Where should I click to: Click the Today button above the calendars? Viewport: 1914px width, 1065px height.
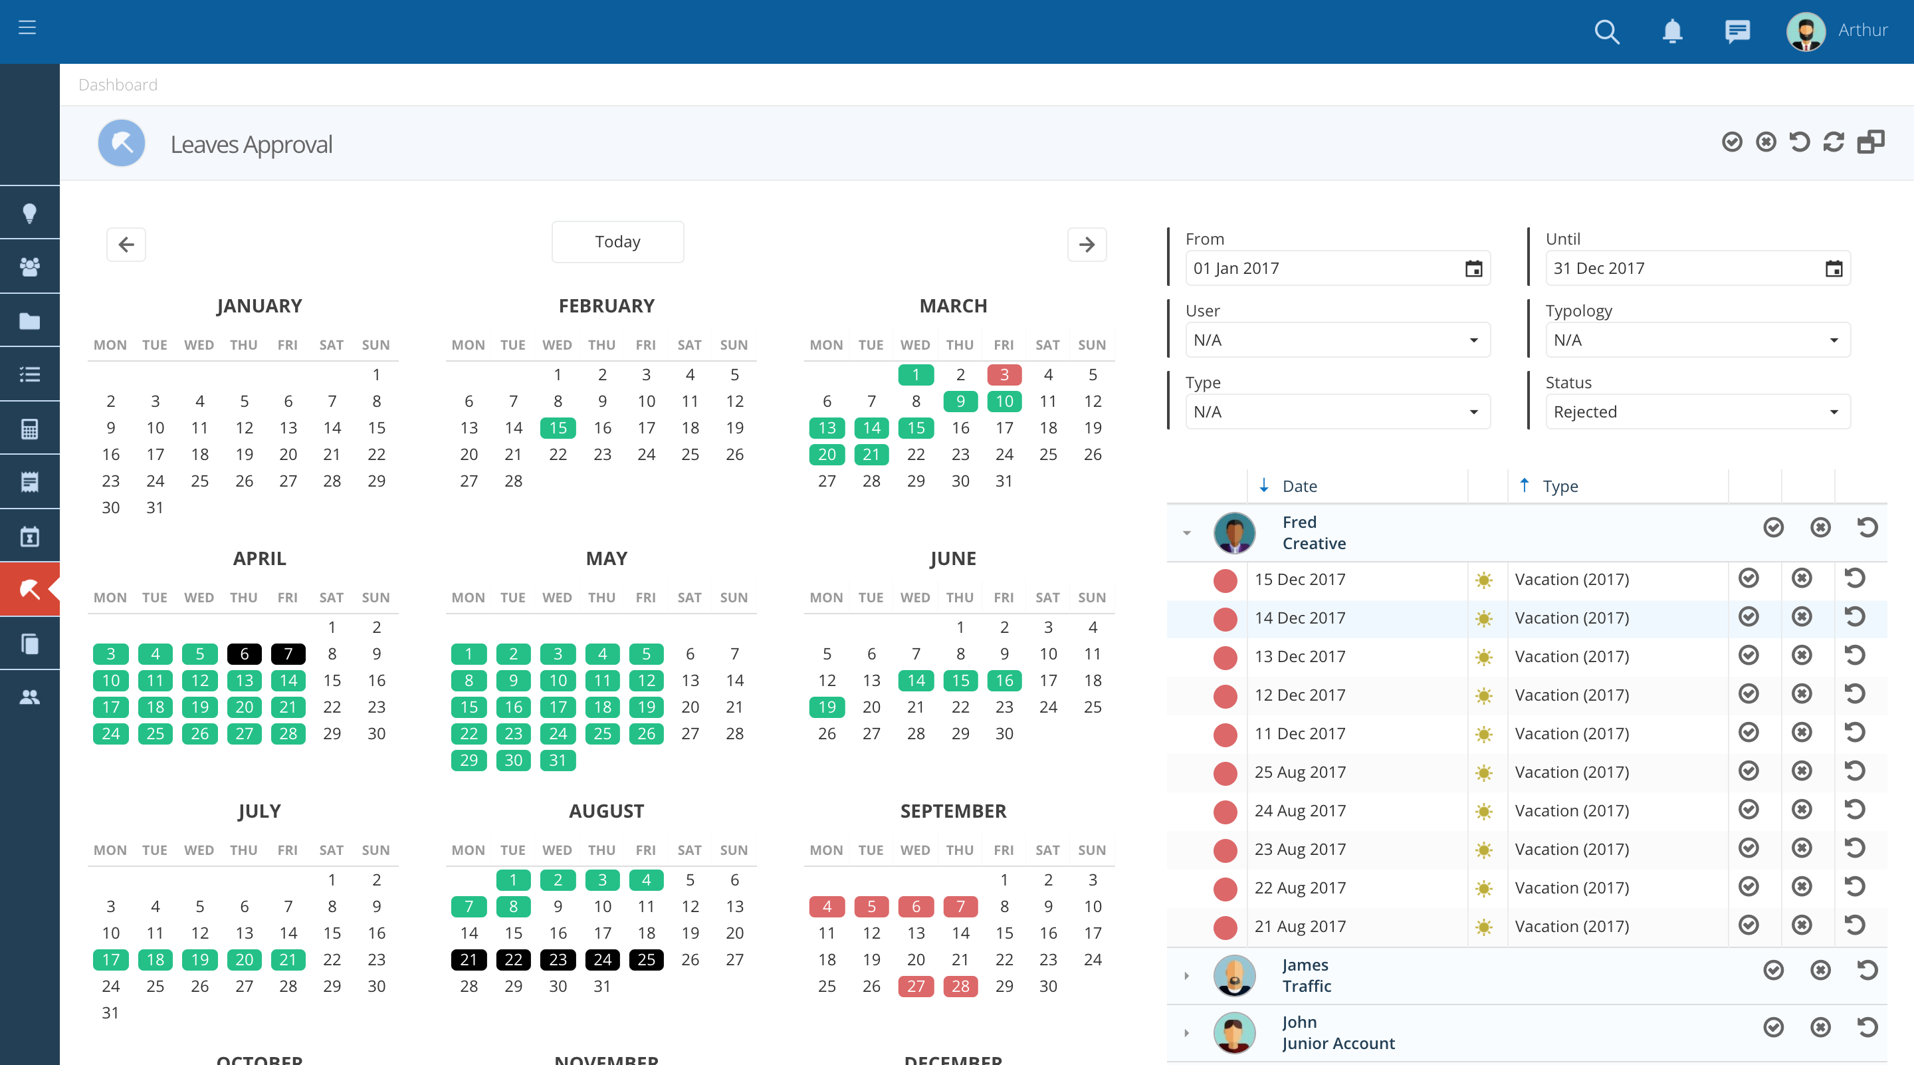617,241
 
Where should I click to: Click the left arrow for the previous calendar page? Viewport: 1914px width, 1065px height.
126,245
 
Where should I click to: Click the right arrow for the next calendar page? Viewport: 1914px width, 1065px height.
1087,245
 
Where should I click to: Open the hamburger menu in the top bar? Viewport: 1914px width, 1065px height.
27,28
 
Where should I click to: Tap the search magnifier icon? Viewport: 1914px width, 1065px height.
1606,32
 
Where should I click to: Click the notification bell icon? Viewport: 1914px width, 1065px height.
1672,32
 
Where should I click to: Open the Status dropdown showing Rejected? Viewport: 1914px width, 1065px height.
1697,412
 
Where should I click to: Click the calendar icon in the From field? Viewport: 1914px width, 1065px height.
1473,269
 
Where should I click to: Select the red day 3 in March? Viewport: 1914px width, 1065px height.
1004,374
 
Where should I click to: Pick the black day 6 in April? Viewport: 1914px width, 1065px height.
244,654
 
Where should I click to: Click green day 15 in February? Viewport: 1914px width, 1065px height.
558,428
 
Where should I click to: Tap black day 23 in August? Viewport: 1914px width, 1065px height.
558,959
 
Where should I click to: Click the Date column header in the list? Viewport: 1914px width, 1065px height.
1299,486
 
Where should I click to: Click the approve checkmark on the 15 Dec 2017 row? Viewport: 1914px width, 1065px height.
1749,578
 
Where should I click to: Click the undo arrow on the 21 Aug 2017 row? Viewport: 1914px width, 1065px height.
1855,925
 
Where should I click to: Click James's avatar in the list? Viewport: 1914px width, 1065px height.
1234,975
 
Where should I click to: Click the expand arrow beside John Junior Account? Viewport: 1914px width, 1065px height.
1186,1033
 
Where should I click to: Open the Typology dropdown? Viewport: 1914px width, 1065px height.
1697,340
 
